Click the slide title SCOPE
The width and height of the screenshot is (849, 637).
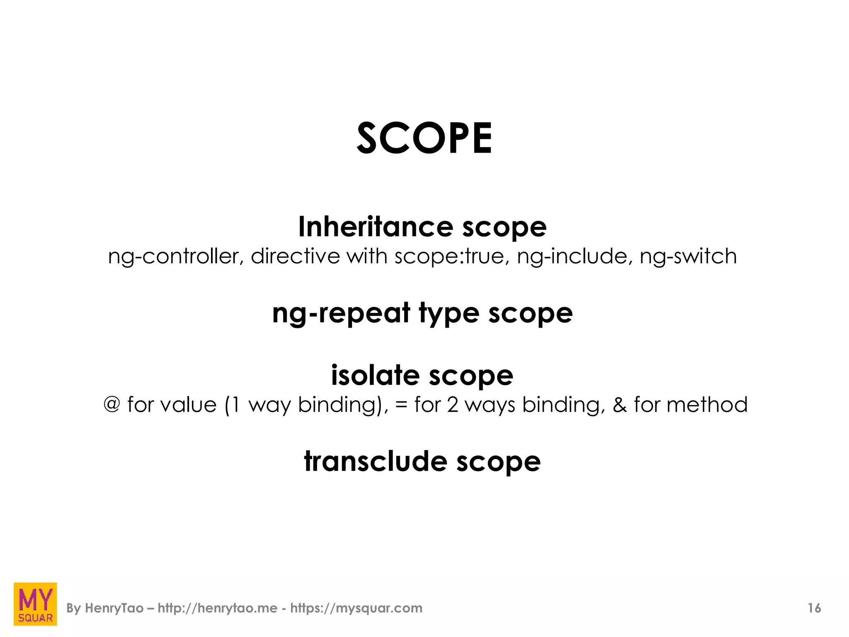tap(424, 139)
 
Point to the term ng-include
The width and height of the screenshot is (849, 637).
tap(574, 257)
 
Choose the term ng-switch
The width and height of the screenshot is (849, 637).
tap(688, 257)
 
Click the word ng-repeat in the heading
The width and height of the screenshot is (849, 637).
tap(341, 314)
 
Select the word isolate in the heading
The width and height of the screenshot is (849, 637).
tap(375, 375)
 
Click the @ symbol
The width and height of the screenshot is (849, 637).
tap(112, 404)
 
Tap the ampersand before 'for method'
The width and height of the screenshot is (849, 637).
tap(619, 404)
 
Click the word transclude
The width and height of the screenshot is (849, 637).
tap(376, 461)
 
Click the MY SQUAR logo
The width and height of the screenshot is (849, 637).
tap(35, 604)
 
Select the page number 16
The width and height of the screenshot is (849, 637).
tap(814, 608)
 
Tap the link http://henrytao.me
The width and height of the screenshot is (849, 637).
tap(218, 608)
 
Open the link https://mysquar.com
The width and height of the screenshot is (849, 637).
tap(356, 608)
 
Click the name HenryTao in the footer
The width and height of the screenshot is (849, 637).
tap(114, 608)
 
